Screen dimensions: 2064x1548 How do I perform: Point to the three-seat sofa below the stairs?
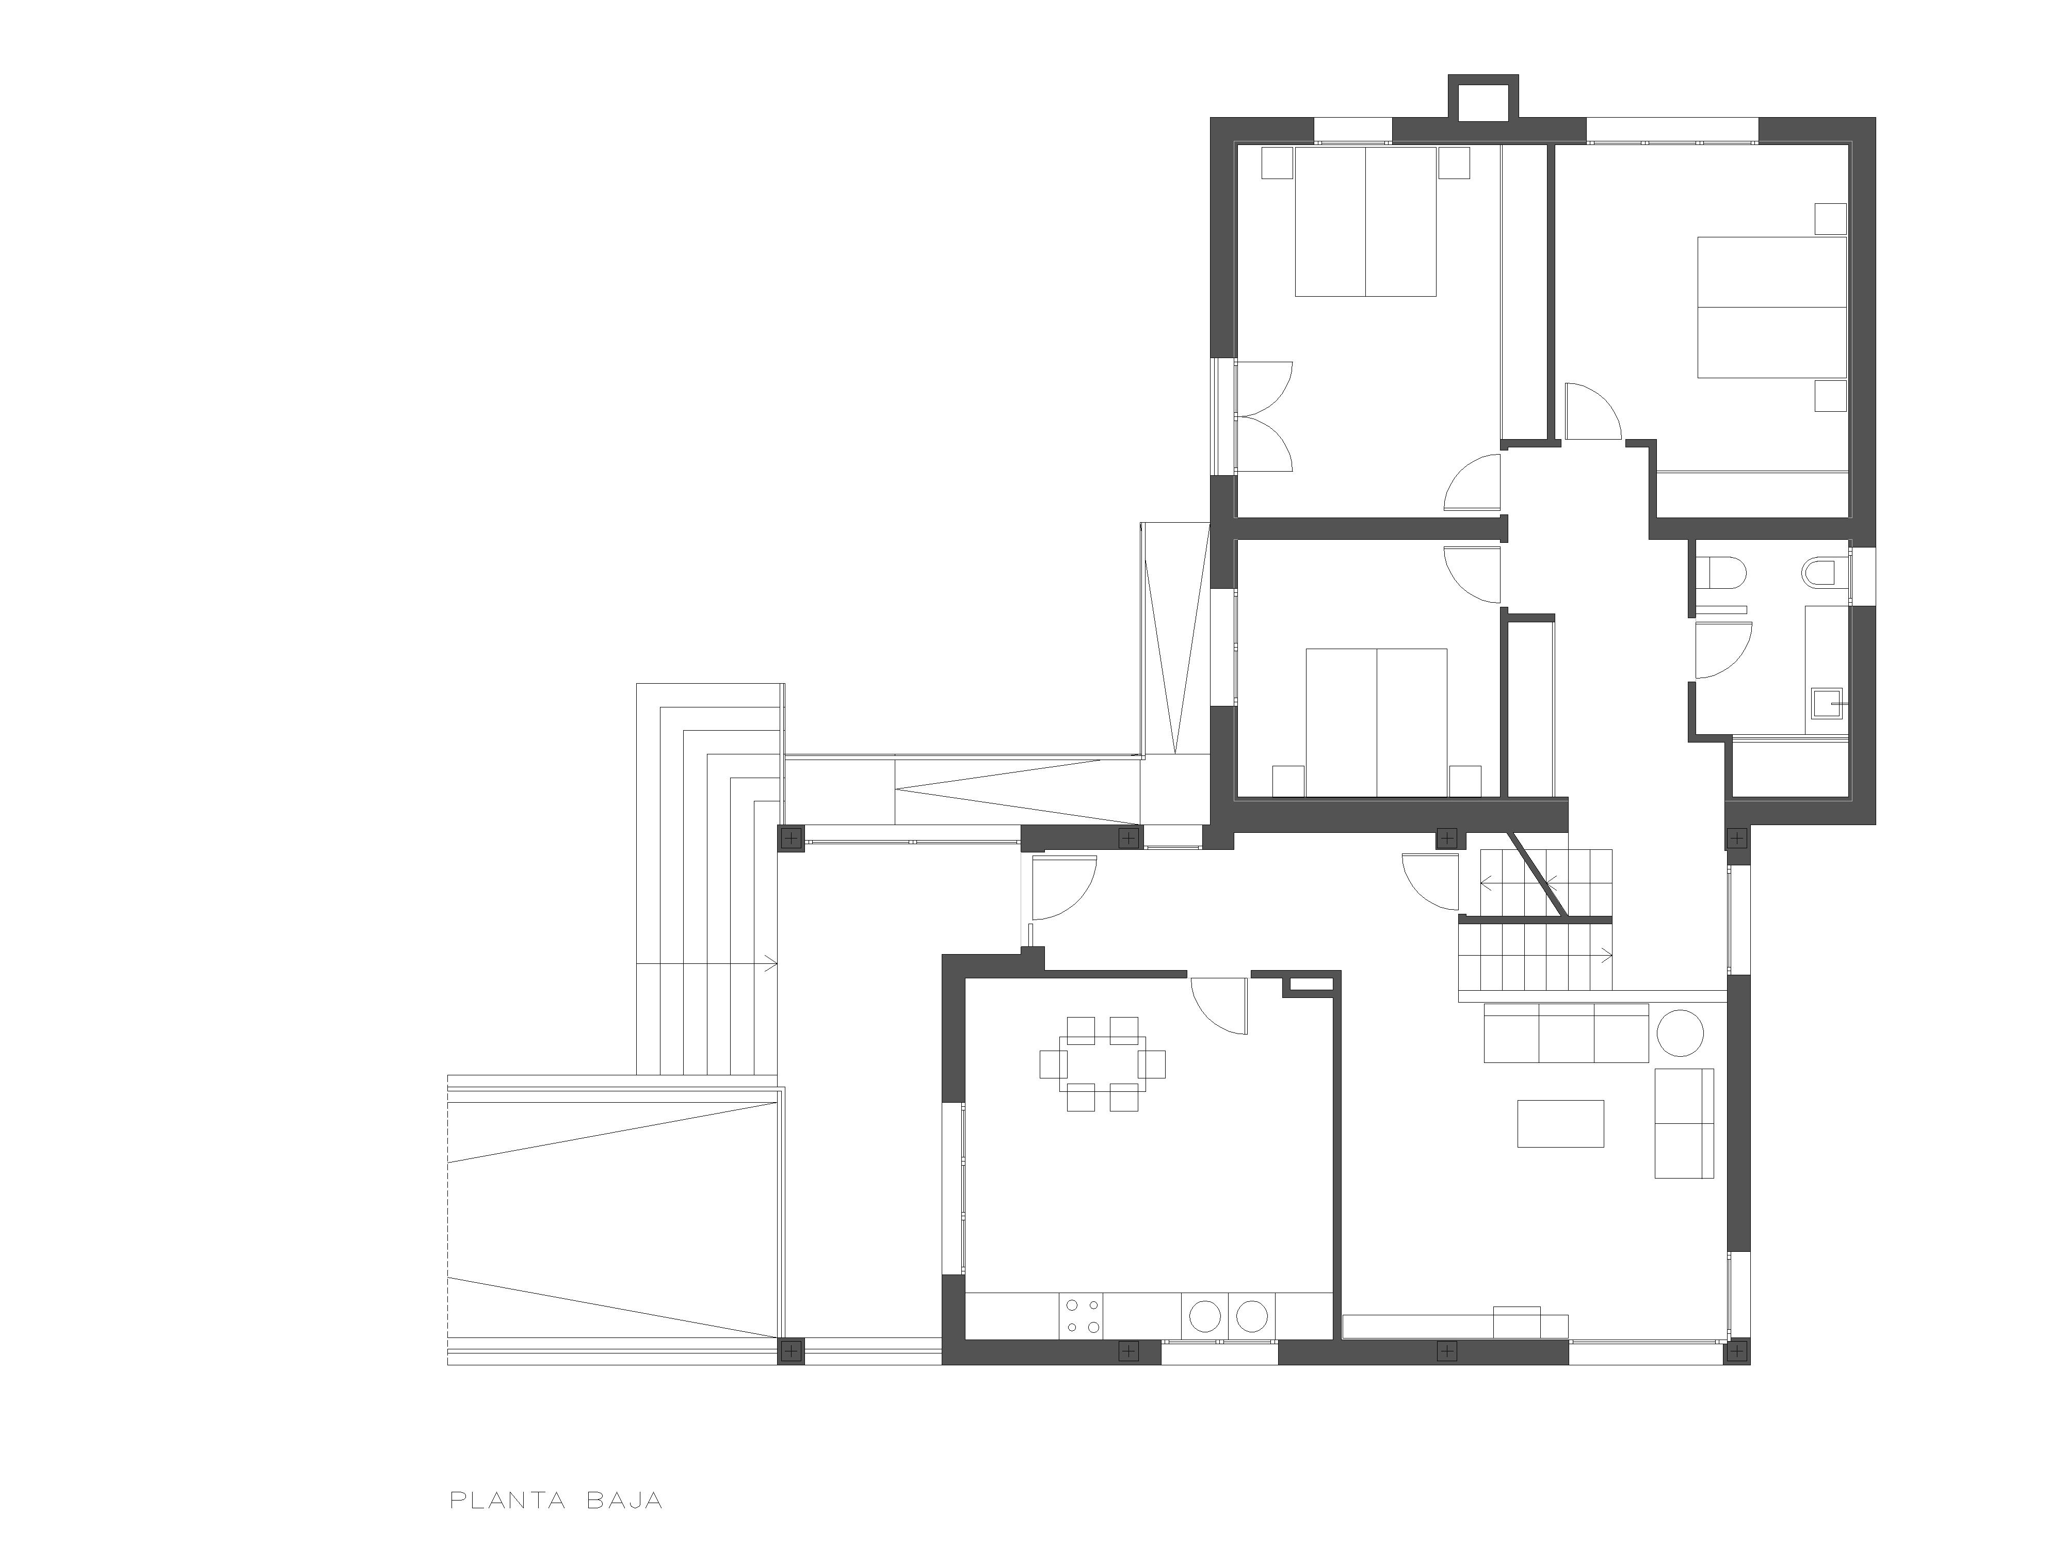coord(1566,1032)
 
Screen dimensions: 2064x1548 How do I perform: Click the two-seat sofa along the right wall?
coord(1684,1122)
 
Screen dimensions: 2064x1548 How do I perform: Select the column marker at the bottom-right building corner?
coord(1736,1350)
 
